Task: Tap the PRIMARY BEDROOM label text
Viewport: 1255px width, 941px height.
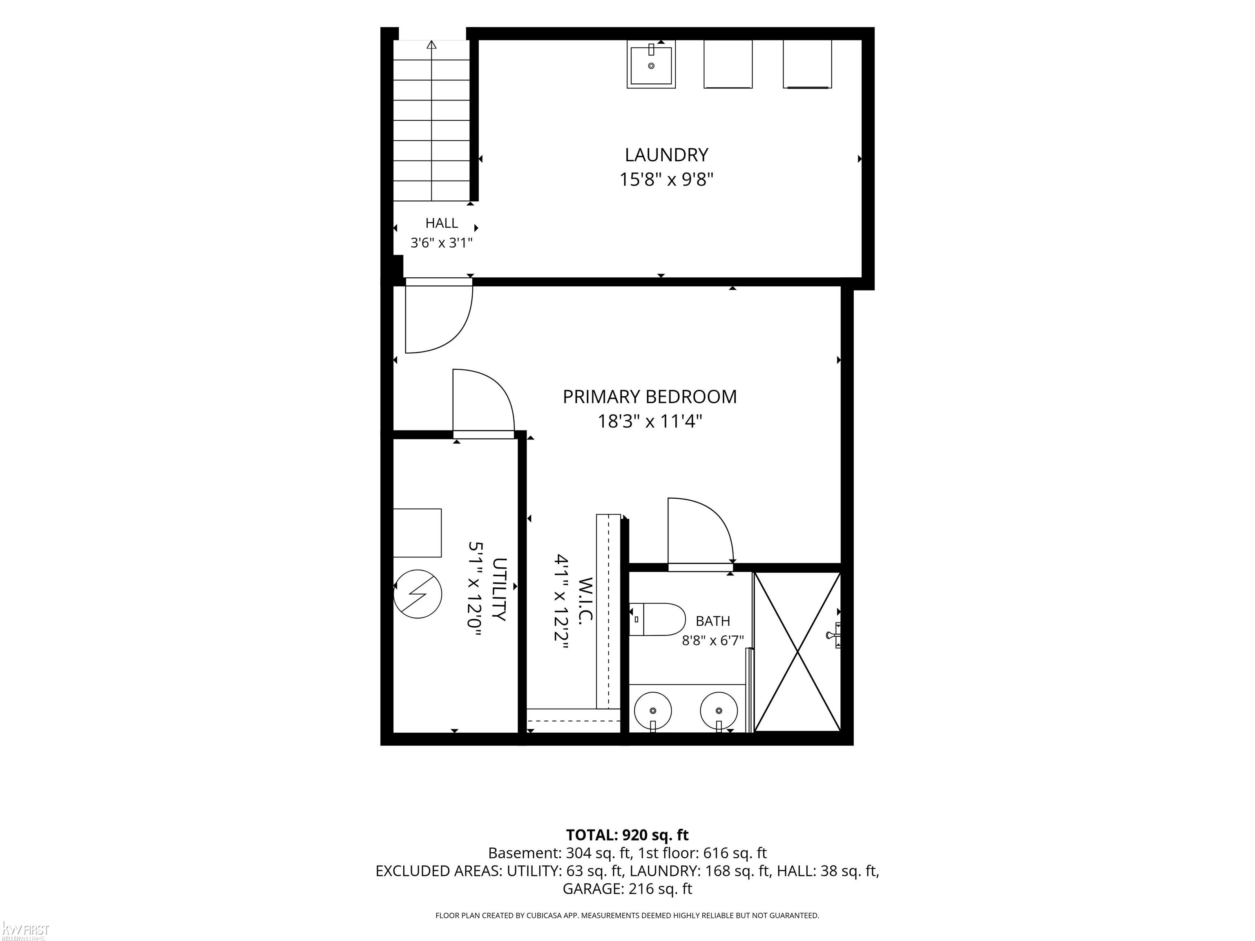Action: (650, 397)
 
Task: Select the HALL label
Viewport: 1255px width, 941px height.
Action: (441, 223)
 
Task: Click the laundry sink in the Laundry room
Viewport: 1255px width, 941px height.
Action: (651, 64)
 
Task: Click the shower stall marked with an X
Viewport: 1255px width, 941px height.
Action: (798, 652)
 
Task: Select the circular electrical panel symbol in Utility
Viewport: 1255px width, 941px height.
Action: (417, 594)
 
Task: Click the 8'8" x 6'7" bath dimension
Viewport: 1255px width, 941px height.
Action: (712, 640)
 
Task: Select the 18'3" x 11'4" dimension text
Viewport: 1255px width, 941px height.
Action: (650, 421)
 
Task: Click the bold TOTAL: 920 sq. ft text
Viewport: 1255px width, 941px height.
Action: (627, 835)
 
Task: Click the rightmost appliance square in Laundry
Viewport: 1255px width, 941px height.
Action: (807, 64)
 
